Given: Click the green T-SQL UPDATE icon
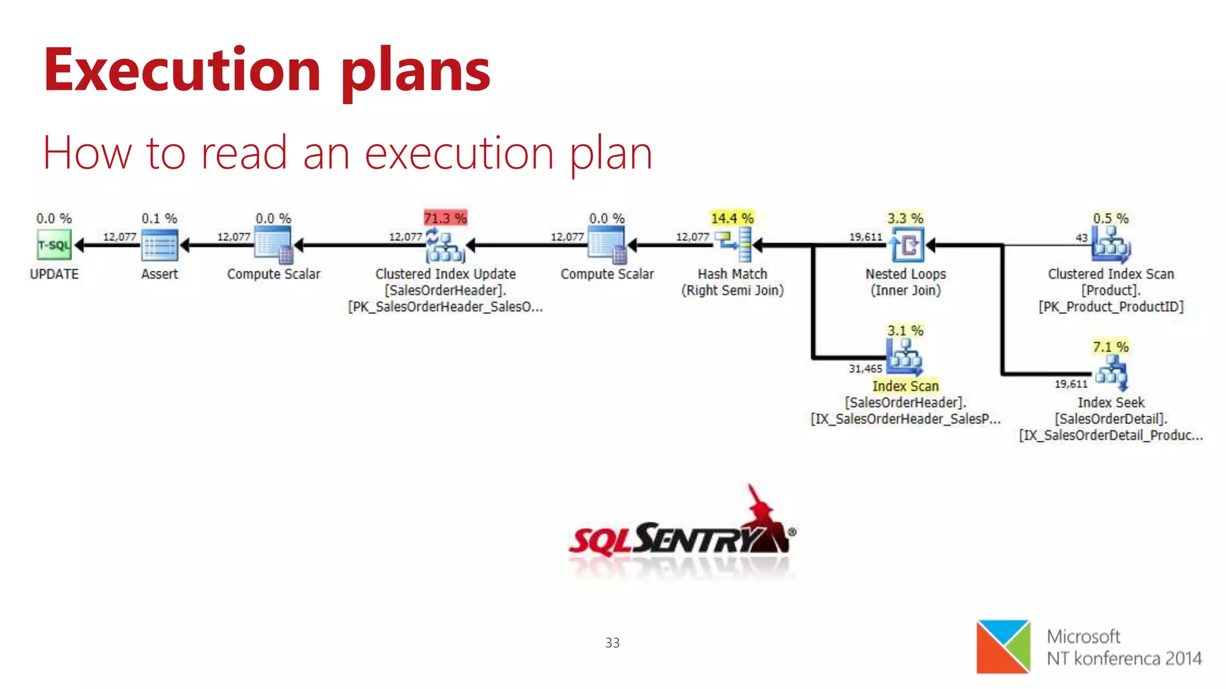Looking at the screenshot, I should pyautogui.click(x=54, y=245).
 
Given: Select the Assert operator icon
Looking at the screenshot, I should pyautogui.click(x=159, y=245).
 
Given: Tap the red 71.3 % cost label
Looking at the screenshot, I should pyautogui.click(x=445, y=218).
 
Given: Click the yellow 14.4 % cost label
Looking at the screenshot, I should pyautogui.click(x=732, y=218).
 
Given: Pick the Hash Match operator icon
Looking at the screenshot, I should pyautogui.click(x=735, y=245).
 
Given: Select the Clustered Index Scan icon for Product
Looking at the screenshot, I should pyautogui.click(x=1110, y=245).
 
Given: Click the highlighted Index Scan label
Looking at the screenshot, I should pyautogui.click(x=905, y=386).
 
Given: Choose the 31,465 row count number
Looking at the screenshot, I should pyautogui.click(x=865, y=369).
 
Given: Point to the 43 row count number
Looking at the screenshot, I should pyautogui.click(x=1081, y=237).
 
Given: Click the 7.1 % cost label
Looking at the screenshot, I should pyautogui.click(x=1110, y=347).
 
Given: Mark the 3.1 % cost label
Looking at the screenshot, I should pyautogui.click(x=905, y=331).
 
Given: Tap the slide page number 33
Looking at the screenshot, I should pyautogui.click(x=612, y=643).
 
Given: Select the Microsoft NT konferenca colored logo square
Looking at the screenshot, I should pyautogui.click(x=1003, y=647).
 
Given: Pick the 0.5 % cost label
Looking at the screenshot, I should pyautogui.click(x=1110, y=218).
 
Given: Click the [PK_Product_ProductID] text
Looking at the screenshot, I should pyautogui.click(x=1111, y=307).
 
